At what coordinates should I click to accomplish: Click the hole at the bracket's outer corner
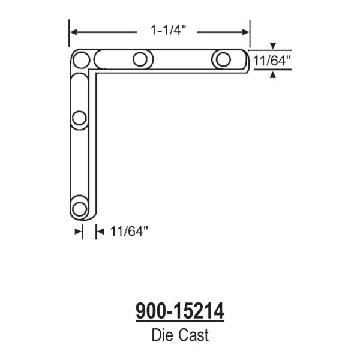(x=81, y=59)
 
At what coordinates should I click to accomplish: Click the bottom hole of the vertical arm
(x=79, y=209)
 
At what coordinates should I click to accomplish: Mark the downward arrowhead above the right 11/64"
(x=273, y=46)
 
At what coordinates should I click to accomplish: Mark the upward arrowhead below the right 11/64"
(x=273, y=74)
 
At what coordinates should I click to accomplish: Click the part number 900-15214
(x=180, y=311)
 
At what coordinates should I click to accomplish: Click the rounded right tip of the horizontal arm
(x=247, y=60)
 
